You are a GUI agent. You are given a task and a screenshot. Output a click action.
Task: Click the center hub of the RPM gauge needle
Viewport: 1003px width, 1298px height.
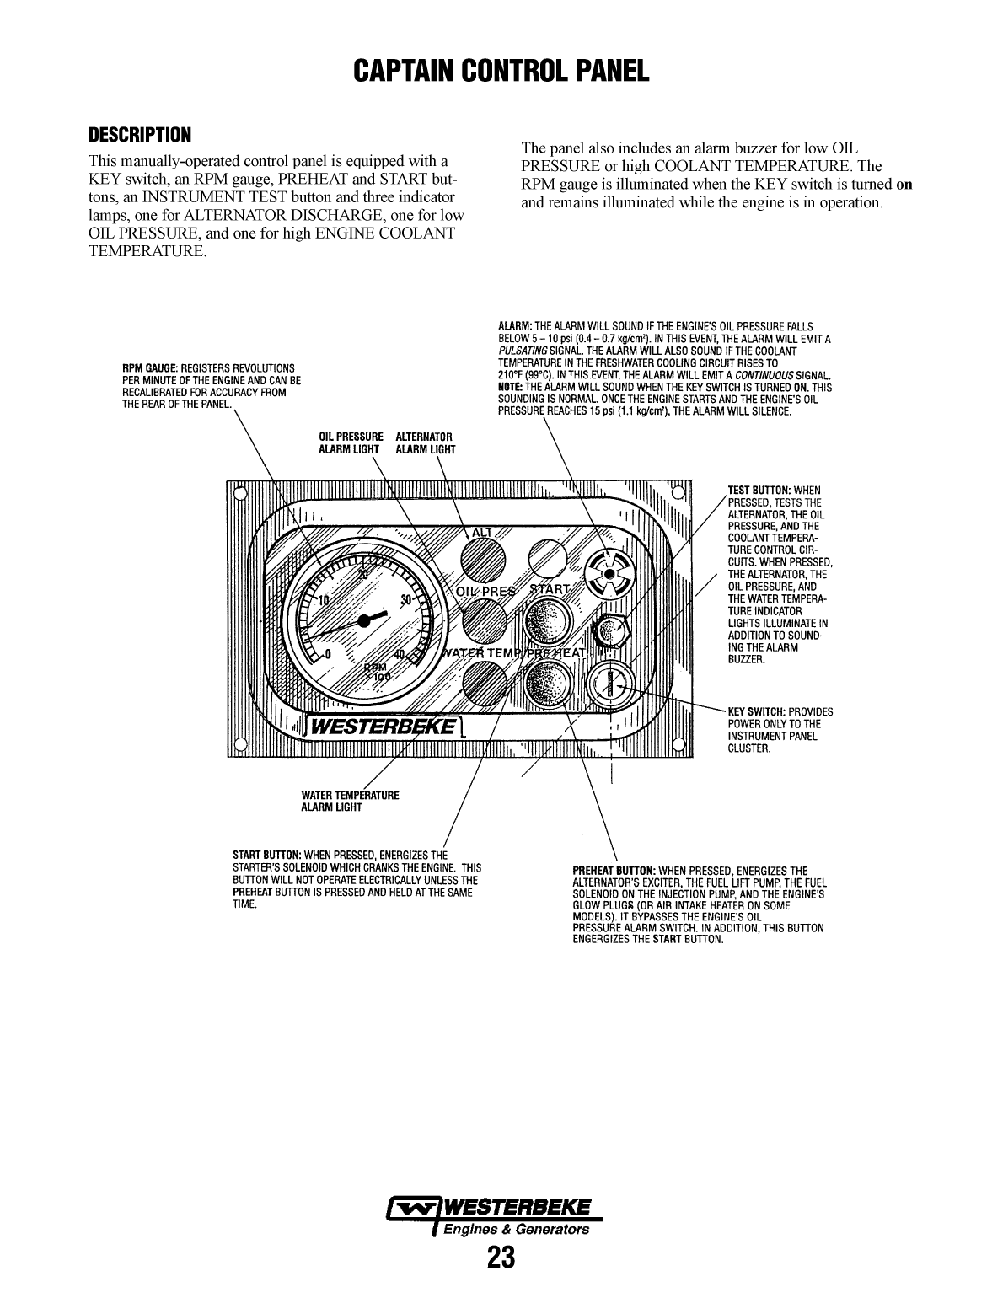point(364,620)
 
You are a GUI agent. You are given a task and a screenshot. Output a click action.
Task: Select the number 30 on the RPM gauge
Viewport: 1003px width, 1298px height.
point(408,600)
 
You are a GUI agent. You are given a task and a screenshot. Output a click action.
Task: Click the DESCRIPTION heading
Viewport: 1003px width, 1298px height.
point(140,135)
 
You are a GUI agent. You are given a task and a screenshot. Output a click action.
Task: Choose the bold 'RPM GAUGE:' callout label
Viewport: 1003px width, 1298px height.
point(151,368)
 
